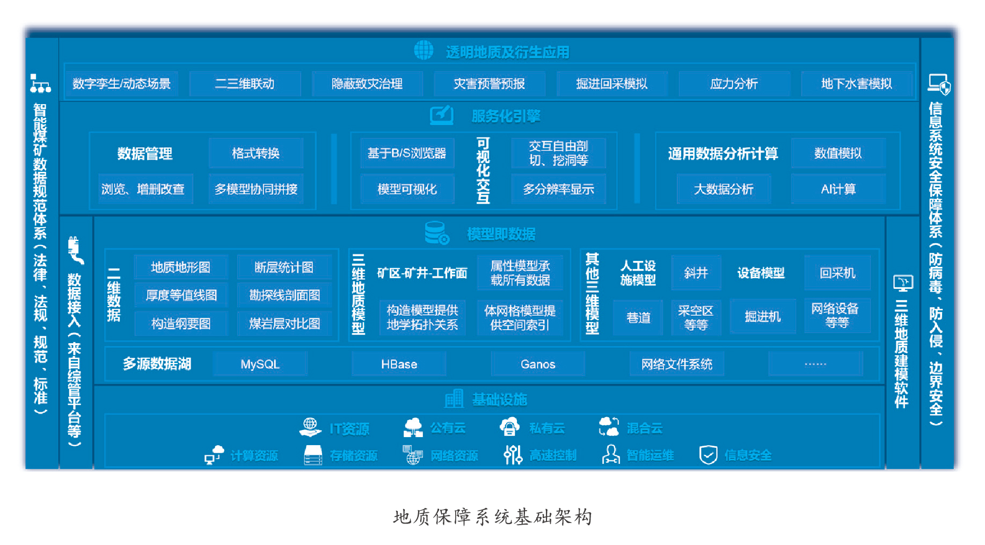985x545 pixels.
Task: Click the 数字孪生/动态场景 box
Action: (x=121, y=84)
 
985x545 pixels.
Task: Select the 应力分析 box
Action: (x=734, y=84)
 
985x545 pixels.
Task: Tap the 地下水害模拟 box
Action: (x=856, y=84)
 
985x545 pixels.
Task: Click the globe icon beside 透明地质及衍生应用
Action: (x=424, y=50)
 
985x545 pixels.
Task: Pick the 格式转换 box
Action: (x=256, y=154)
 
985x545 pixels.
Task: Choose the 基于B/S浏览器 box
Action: (x=407, y=154)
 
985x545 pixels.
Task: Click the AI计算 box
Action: (x=838, y=189)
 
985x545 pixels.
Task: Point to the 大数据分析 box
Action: (x=724, y=189)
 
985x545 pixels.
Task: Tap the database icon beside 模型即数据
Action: (x=436, y=233)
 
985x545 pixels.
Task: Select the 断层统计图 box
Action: (x=284, y=267)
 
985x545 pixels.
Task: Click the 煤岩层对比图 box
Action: (x=284, y=324)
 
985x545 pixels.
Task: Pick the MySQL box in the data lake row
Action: (x=260, y=364)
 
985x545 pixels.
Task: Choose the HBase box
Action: (x=399, y=364)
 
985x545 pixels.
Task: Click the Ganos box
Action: (x=538, y=364)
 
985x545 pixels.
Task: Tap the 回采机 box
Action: (x=837, y=273)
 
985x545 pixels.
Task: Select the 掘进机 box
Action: (x=762, y=317)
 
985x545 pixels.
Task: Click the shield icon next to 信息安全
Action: (x=708, y=455)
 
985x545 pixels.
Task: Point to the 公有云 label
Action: (x=448, y=428)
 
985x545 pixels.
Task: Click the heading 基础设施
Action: (x=499, y=399)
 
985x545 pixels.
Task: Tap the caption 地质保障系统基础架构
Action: (x=492, y=517)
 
